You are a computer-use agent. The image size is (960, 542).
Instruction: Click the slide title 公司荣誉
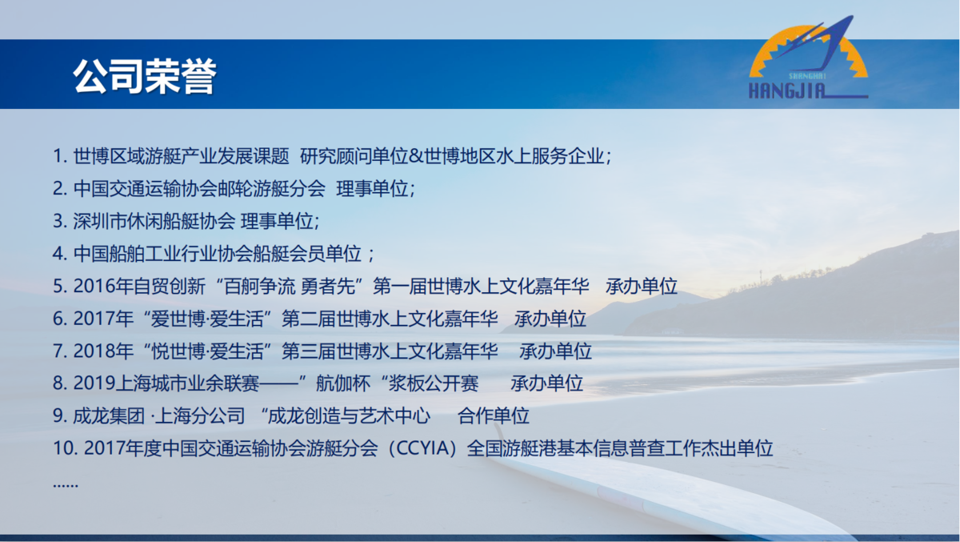coord(145,76)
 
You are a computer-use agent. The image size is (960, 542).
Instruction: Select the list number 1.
coord(58,156)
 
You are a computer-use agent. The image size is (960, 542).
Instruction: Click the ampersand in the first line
coord(416,156)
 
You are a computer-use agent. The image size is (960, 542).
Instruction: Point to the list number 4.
coord(58,254)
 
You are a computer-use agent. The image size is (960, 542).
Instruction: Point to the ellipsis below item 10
coord(66,485)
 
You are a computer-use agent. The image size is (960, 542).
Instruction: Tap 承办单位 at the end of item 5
coord(641,286)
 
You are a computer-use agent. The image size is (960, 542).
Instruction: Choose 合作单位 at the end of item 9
coord(494,416)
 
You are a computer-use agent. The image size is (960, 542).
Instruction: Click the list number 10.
coord(63,448)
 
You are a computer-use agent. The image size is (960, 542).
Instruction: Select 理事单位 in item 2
coord(372,189)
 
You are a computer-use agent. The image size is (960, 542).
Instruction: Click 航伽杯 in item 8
coord(343,383)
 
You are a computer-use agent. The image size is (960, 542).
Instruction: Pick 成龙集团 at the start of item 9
coord(109,416)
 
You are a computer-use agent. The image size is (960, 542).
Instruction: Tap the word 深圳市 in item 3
coord(100,221)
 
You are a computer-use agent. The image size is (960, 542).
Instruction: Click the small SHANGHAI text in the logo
coord(807,76)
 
